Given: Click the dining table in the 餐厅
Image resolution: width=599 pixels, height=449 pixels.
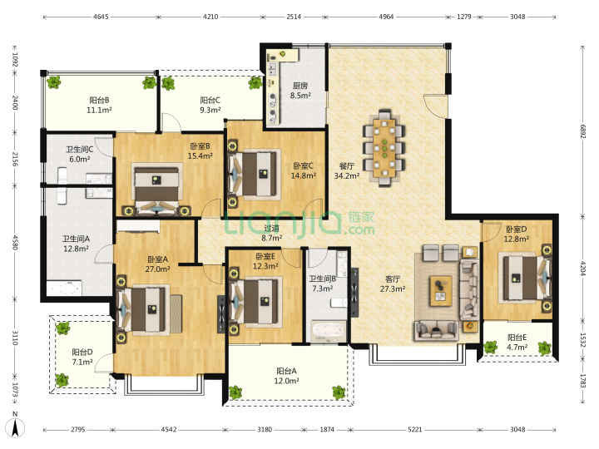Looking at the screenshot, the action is [x=384, y=148].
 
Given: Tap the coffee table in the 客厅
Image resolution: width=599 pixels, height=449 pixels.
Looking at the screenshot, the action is [x=440, y=291].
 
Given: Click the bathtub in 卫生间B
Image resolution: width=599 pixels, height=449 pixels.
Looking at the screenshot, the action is [x=328, y=332].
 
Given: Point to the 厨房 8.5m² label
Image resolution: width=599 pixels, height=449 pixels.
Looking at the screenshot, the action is [x=300, y=91].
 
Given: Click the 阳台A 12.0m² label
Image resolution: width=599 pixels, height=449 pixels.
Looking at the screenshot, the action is [x=286, y=376].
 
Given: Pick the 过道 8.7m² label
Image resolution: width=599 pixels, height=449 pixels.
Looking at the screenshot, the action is [x=271, y=233].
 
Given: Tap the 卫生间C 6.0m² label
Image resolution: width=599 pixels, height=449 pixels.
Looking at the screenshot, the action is [x=80, y=155].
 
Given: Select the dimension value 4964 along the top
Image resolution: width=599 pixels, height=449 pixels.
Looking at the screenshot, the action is [x=386, y=17].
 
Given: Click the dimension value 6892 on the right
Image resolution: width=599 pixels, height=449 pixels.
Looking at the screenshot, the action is [x=583, y=131].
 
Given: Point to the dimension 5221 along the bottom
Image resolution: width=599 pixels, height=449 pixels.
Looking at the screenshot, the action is [x=415, y=430].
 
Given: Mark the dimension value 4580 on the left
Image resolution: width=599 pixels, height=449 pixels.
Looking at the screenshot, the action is [x=15, y=242].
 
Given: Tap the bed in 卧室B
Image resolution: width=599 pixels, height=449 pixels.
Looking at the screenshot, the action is [x=156, y=187].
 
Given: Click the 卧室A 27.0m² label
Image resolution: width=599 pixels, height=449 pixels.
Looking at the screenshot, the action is [x=158, y=264].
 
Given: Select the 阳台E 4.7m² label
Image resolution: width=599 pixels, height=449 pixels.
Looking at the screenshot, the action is [x=517, y=342].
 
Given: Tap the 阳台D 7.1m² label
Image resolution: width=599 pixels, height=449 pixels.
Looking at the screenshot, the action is [x=82, y=357].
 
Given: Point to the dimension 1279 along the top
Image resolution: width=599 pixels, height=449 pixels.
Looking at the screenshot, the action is [x=464, y=17].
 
